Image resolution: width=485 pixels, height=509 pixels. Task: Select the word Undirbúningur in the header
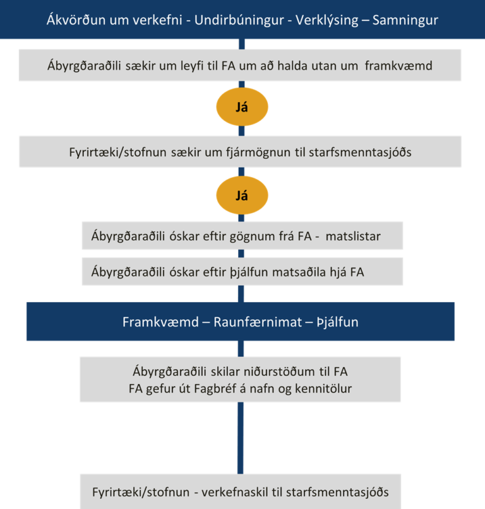pyautogui.click(x=236, y=20)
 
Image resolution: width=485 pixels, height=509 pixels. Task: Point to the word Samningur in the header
pyautogui.click(x=405, y=20)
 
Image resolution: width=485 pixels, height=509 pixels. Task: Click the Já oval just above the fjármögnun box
pyautogui.click(x=241, y=107)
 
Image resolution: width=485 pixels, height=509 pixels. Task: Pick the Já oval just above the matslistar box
pyautogui.click(x=241, y=196)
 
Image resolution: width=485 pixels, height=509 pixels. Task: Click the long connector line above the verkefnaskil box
pyautogui.click(x=241, y=438)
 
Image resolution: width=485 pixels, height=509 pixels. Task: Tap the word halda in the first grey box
pyautogui.click(x=288, y=65)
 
